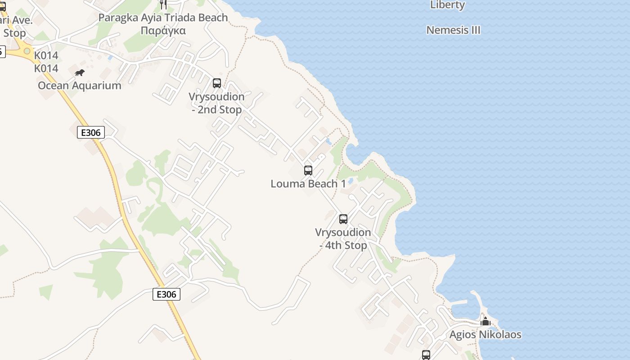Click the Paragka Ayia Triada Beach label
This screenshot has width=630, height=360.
[163, 18]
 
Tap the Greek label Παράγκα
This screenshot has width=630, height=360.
[163, 31]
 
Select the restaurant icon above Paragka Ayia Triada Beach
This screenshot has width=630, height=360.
[163, 4]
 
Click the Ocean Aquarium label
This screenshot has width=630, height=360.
[80, 85]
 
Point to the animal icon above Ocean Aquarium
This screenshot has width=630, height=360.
[80, 72]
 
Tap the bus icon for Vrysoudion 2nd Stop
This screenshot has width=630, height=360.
[217, 83]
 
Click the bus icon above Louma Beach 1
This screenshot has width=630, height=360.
[308, 171]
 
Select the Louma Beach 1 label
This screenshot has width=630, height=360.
[308, 184]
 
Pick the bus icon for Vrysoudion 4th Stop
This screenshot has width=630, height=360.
[343, 219]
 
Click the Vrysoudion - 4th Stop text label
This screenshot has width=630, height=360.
[343, 239]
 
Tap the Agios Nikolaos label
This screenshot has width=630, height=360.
[485, 335]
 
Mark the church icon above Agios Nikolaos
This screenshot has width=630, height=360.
[485, 322]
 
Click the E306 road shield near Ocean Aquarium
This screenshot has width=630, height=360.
[91, 132]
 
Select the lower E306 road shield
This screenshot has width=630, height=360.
[166, 294]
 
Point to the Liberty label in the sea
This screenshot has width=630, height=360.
[447, 5]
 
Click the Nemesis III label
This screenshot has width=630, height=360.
[453, 30]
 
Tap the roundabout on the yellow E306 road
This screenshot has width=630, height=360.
[27, 51]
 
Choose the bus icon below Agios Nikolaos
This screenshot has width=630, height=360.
[426, 355]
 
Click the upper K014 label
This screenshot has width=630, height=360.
[46, 55]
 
